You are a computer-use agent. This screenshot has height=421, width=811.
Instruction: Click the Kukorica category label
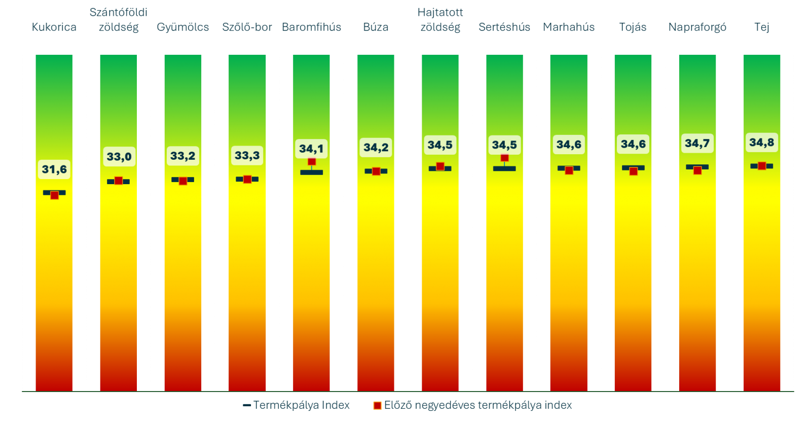(54, 27)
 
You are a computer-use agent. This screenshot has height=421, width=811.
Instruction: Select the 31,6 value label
(54, 169)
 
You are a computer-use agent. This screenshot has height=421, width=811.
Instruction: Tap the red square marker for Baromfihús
(312, 162)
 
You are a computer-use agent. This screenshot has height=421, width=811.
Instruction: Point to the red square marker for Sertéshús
(504, 158)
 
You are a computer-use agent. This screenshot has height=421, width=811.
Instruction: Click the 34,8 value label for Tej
(761, 143)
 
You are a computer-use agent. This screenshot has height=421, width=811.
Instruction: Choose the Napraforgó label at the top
(697, 27)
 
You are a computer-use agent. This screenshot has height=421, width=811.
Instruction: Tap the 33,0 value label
(119, 157)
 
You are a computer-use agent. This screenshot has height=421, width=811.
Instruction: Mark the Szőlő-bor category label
(247, 27)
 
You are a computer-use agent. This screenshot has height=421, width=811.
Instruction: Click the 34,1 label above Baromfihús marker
(311, 149)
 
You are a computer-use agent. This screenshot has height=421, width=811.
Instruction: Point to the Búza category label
(376, 27)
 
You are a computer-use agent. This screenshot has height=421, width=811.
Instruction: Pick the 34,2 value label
(376, 148)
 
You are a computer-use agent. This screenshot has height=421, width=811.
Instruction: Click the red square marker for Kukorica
(54, 195)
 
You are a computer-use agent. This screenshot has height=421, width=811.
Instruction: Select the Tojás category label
(633, 27)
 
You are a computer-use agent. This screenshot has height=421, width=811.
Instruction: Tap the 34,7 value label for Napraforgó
(697, 144)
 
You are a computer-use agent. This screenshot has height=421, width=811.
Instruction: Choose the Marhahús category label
(569, 27)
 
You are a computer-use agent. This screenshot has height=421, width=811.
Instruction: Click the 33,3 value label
(247, 155)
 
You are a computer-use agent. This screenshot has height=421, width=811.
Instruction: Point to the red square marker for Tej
(761, 166)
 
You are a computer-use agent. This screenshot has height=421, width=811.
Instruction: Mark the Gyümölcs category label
(182, 27)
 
